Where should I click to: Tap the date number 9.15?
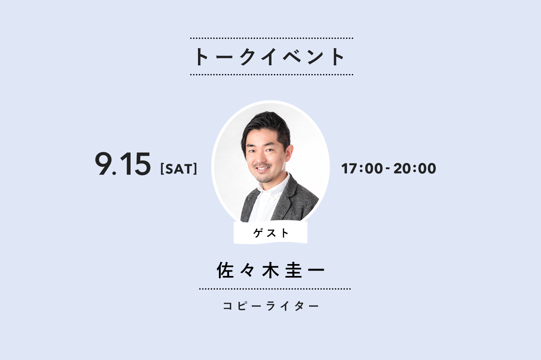pos(123,164)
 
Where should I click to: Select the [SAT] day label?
pos(179,169)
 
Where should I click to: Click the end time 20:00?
pos(415,168)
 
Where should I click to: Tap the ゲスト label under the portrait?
pos(271,233)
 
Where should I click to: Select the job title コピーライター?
pos(271,306)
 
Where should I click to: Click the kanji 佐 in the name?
pos(225,270)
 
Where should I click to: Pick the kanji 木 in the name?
pos(270,270)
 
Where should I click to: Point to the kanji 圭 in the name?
pos(294,270)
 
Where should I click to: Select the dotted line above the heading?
pos(272,38)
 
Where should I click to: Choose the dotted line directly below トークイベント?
pos(272,75)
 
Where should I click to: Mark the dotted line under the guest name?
pos(275,289)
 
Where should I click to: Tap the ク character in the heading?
pos(248,57)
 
